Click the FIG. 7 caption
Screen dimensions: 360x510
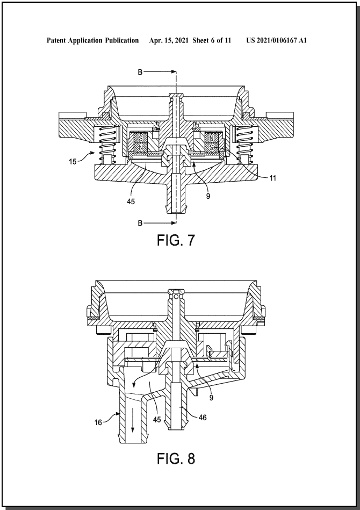(176, 240)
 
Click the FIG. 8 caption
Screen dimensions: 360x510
(176, 458)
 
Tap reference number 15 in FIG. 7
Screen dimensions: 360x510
(73, 161)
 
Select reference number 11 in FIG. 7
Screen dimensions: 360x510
(272, 178)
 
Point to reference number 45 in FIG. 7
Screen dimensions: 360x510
(131, 202)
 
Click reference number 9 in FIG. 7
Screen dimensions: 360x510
(208, 196)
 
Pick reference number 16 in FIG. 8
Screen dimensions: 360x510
(98, 422)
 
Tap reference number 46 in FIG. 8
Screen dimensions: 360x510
(203, 418)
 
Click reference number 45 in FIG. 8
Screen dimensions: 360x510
(157, 420)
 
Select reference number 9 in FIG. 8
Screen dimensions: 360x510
(211, 398)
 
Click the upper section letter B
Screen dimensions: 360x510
(140, 72)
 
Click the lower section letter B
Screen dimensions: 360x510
(140, 223)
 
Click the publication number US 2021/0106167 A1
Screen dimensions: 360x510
(276, 40)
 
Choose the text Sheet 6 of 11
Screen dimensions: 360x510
(212, 40)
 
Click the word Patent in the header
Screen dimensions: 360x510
(56, 40)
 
